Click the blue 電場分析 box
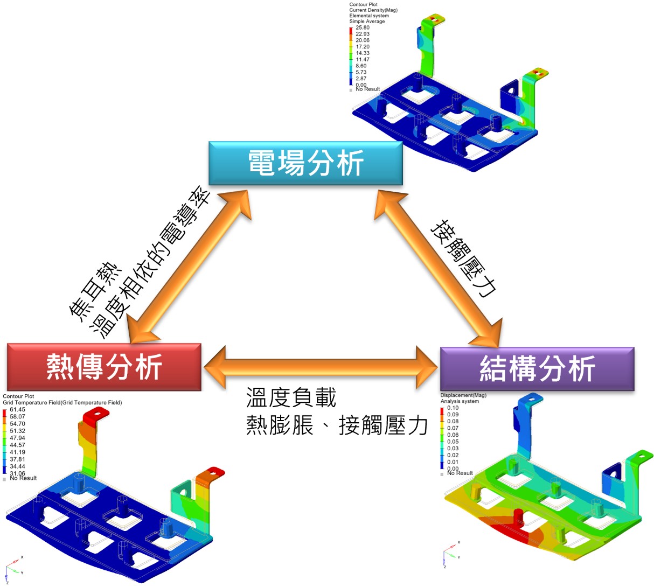(x=305, y=163)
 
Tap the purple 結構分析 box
(x=537, y=369)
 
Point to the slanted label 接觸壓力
(x=463, y=258)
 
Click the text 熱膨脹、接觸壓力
(x=337, y=425)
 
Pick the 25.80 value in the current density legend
(x=363, y=27)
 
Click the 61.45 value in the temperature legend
(x=17, y=410)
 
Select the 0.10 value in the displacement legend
(x=453, y=408)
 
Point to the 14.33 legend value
(x=363, y=53)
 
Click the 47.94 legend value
(x=17, y=438)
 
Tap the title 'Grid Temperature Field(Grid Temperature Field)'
(x=62, y=402)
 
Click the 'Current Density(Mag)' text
(x=373, y=10)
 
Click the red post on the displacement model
(x=518, y=518)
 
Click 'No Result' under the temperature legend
(x=23, y=478)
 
